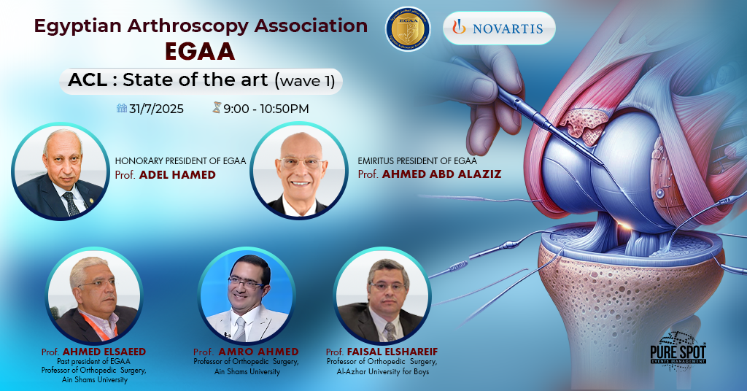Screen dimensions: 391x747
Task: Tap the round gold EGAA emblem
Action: pos(408,28)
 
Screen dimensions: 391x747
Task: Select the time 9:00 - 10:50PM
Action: pos(266,109)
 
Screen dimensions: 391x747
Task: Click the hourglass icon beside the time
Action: pos(216,108)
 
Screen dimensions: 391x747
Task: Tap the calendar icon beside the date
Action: pos(122,108)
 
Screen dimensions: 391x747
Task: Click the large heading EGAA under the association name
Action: pos(201,53)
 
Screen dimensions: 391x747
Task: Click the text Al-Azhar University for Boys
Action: pos(378,371)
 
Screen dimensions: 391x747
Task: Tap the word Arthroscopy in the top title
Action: pos(193,26)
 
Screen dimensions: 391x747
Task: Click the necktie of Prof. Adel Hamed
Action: pos(71,202)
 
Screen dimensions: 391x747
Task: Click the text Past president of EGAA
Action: pos(93,361)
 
